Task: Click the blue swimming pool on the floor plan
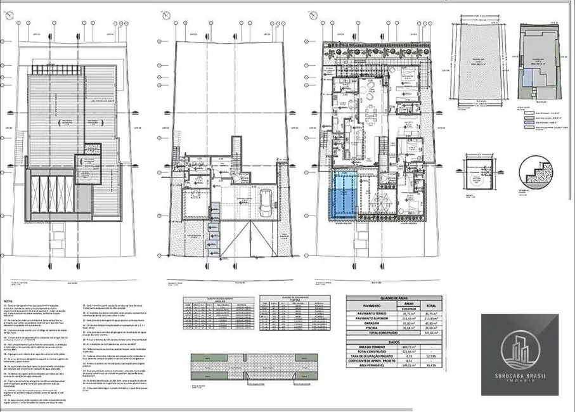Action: click(344, 195)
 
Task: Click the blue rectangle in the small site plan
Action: click(527, 79)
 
